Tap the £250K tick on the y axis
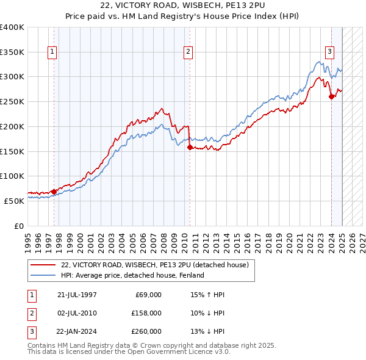(x=12, y=102)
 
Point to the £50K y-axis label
(x=14, y=201)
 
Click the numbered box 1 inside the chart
(x=53, y=52)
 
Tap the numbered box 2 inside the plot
(x=188, y=52)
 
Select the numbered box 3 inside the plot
(x=329, y=52)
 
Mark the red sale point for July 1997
(x=54, y=192)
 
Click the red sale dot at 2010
(x=190, y=147)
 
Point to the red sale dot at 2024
(x=331, y=96)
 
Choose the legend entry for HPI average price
(x=134, y=275)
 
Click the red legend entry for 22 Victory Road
(x=154, y=265)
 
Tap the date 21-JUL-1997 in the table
(x=76, y=295)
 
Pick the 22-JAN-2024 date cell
(x=76, y=331)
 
